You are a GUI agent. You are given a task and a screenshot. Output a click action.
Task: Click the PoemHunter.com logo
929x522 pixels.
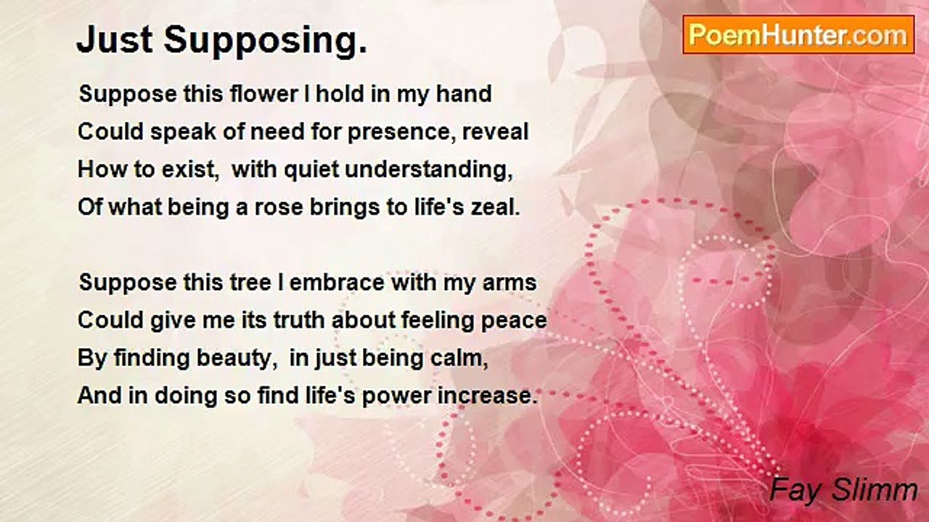[x=798, y=34]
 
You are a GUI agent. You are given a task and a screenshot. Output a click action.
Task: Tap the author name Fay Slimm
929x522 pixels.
[x=843, y=490]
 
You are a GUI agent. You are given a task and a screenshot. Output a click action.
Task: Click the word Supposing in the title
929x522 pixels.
[x=265, y=41]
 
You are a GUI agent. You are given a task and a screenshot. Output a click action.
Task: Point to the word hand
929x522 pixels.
[x=464, y=94]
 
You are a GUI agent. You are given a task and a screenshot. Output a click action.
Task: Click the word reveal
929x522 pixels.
[x=502, y=132]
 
